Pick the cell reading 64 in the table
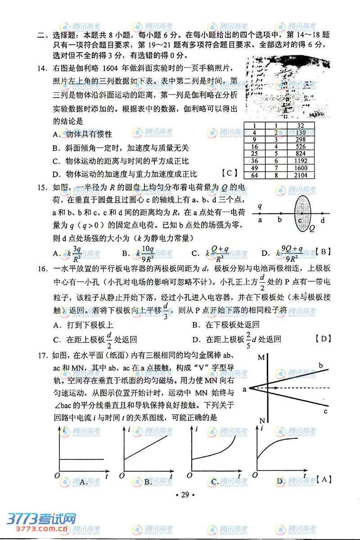click(254, 175)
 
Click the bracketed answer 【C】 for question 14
click(229, 173)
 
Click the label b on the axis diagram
click(280, 220)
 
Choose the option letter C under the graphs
click(215, 482)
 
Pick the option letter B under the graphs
click(147, 482)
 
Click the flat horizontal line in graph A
click(81, 459)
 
